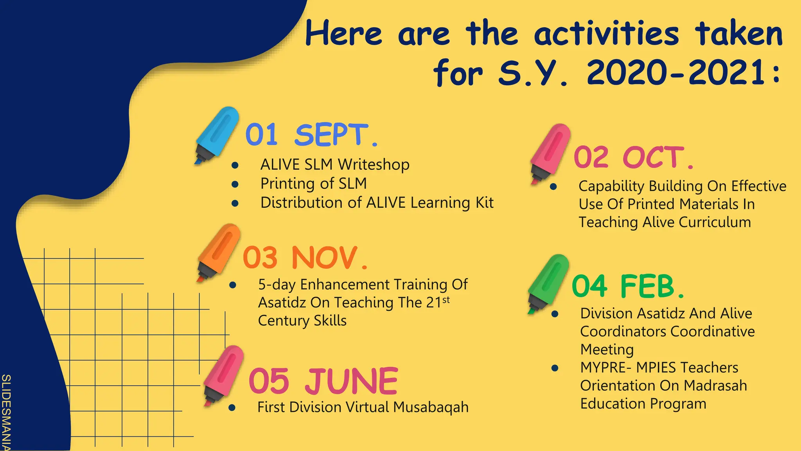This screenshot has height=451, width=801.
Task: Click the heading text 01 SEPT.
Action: [x=311, y=135]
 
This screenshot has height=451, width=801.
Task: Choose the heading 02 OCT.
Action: [x=634, y=157]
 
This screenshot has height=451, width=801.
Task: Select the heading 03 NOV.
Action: [x=305, y=258]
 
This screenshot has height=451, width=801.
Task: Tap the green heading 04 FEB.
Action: [x=628, y=286]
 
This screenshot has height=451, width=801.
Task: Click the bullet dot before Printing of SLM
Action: [x=235, y=184]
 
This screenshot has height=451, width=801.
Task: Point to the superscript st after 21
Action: [x=446, y=300]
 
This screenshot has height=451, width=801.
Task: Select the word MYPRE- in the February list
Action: [x=606, y=368]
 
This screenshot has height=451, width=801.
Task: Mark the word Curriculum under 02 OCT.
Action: [x=715, y=222]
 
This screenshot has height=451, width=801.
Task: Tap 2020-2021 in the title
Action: [x=676, y=73]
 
